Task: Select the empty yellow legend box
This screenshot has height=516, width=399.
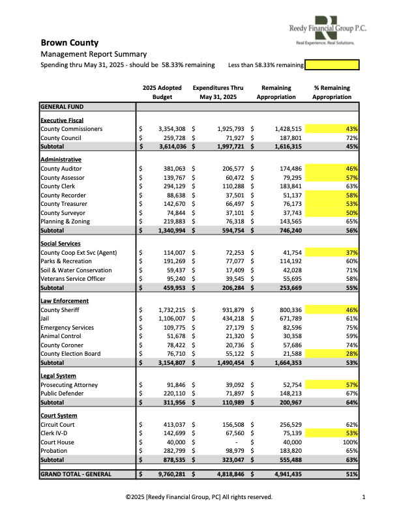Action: pos(332,65)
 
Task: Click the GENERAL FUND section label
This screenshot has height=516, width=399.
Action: pos(62,106)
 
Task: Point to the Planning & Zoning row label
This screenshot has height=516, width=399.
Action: pos(66,222)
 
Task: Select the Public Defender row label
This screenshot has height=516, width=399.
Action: pos(63,394)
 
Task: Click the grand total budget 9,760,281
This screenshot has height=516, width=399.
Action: pos(169,474)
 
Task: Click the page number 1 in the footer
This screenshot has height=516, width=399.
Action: pos(363,497)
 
